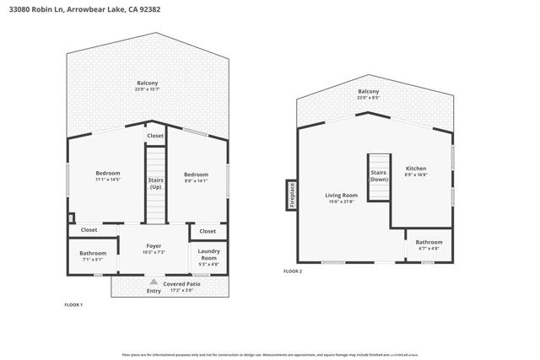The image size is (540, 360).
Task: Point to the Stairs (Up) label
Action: click(155, 183)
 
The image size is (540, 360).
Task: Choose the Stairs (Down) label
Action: click(379, 176)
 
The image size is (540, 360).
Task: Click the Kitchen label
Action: click(416, 170)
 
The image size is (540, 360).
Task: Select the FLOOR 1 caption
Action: click(73, 304)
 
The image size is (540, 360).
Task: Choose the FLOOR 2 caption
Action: click(292, 271)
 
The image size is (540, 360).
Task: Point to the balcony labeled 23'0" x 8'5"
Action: click(368, 94)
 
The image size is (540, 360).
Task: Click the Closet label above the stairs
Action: click(155, 136)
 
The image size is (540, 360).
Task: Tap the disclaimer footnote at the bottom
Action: click(269, 355)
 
